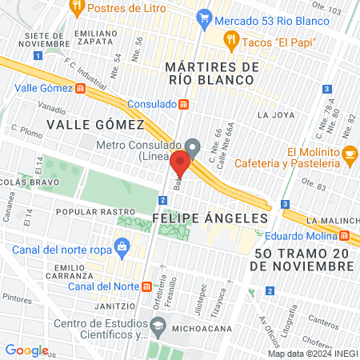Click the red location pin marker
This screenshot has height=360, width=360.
(x=179, y=164)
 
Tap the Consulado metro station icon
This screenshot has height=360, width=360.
(x=184, y=104)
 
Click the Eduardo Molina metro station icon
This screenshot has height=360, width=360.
(x=344, y=235)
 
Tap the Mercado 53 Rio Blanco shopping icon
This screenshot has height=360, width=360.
(x=204, y=16)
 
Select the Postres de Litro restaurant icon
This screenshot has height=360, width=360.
(x=77, y=9)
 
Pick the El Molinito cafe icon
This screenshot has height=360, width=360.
(x=349, y=153)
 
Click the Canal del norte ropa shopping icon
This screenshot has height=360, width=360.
(x=122, y=246)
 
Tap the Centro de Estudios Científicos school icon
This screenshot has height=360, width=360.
(x=159, y=325)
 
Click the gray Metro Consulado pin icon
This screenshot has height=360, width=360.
(x=192, y=146)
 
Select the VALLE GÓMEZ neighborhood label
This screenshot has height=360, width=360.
(x=94, y=124)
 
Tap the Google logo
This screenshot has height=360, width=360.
(x=26, y=350)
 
